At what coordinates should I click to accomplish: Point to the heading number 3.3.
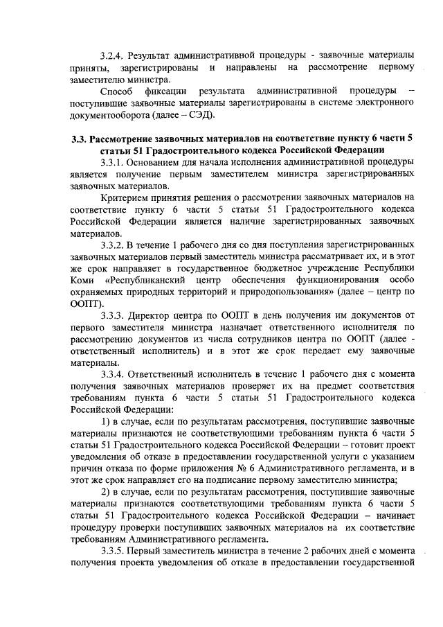pos(80,139)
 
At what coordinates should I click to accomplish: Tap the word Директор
pos(153,317)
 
